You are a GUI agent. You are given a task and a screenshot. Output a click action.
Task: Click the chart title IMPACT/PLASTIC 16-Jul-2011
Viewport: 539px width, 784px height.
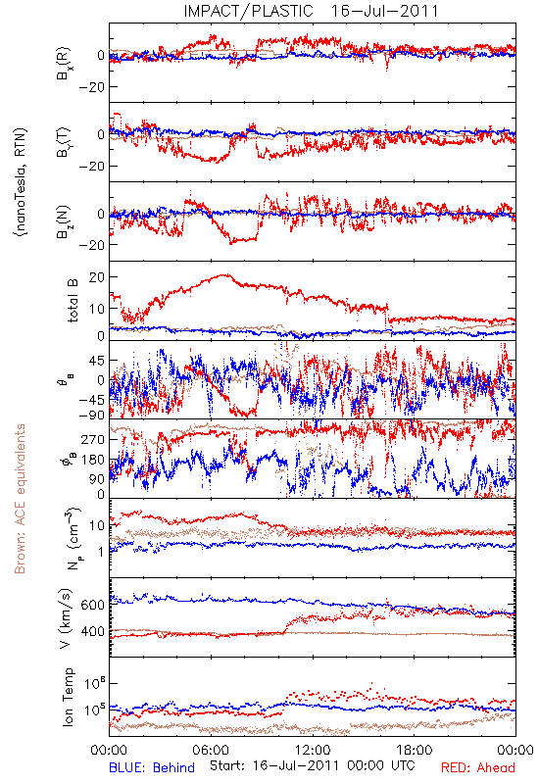tap(311, 11)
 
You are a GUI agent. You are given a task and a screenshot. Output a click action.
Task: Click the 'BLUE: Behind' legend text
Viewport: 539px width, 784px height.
tap(152, 767)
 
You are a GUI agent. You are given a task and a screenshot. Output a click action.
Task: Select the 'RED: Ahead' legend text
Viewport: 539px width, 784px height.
tap(477, 767)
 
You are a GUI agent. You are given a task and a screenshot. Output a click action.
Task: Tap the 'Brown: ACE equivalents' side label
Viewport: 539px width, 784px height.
tap(20, 499)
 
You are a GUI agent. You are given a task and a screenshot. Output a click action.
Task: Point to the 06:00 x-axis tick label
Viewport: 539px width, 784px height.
tap(211, 751)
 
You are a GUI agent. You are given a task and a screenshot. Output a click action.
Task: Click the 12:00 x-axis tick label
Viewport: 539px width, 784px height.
tap(313, 751)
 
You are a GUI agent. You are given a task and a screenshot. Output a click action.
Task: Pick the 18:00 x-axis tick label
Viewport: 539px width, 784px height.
tap(415, 751)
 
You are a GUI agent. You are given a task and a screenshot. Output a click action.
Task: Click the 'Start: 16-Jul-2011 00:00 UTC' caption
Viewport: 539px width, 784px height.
tap(312, 765)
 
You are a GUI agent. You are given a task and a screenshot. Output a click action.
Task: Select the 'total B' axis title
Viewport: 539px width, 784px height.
tap(73, 300)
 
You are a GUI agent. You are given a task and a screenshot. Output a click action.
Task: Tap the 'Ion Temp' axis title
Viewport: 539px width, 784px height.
tap(68, 697)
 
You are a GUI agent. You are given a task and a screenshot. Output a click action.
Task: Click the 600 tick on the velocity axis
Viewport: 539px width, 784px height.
tap(92, 605)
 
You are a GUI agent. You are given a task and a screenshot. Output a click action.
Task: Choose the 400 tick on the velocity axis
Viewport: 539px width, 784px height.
tap(92, 631)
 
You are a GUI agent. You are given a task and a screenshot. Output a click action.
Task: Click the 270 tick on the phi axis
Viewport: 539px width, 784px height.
tap(93, 439)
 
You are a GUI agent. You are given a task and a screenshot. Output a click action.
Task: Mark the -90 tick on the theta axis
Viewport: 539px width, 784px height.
tap(92, 415)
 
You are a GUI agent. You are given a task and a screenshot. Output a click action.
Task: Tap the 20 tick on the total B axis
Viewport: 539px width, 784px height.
tap(96, 277)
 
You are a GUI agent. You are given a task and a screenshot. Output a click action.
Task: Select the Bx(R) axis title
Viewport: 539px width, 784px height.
tap(64, 64)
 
